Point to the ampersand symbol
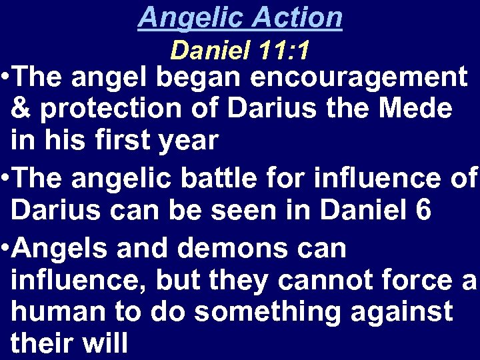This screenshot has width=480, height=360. (22, 109)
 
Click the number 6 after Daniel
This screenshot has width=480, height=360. (423, 209)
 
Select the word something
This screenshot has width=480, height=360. (259, 311)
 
